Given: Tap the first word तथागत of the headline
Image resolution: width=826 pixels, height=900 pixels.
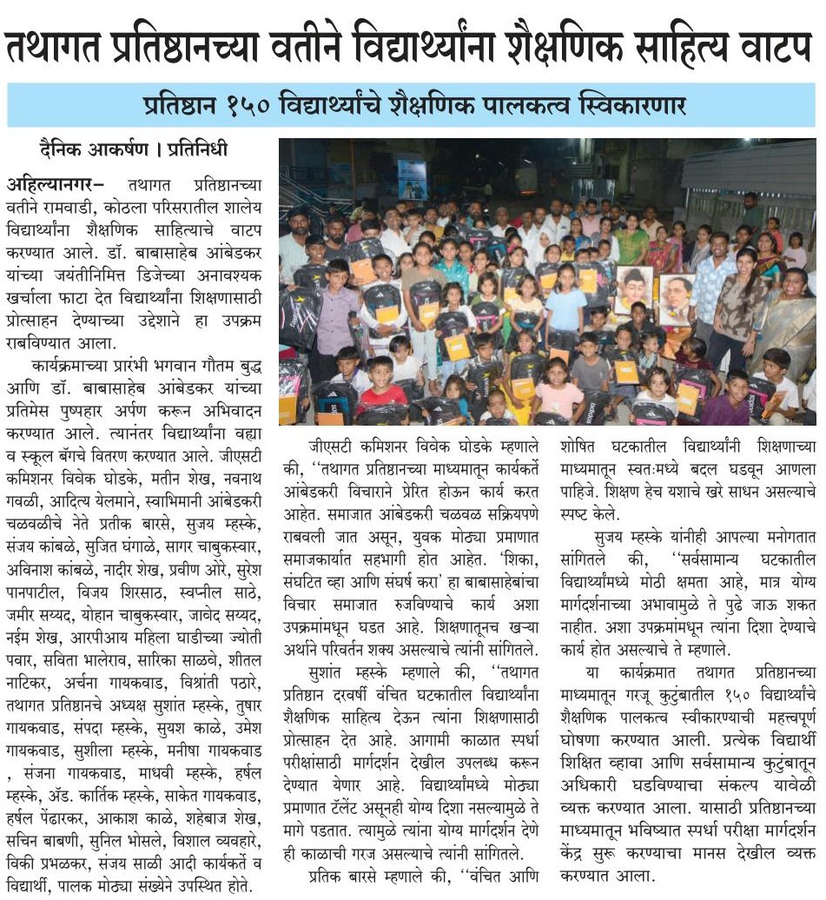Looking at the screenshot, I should pyautogui.click(x=69, y=49).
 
